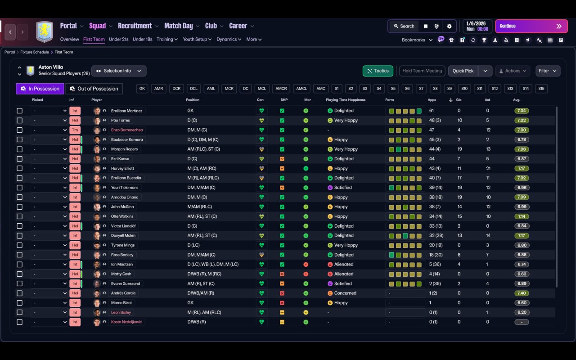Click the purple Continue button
pyautogui.click(x=531, y=26)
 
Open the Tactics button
pyautogui.click(x=378, y=71)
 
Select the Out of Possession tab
pyautogui.click(x=94, y=89)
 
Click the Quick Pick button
pyautogui.click(x=463, y=71)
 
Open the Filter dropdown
pyautogui.click(x=548, y=71)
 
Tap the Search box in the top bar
pyautogui.click(x=404, y=26)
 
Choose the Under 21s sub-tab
pyautogui.click(x=118, y=39)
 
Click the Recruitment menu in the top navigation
pyautogui.click(x=135, y=26)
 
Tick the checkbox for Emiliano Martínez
pyautogui.click(x=19, y=111)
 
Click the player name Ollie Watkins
pyautogui.click(x=122, y=216)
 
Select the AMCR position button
pyautogui.click(x=281, y=89)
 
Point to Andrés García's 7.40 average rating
pyautogui.click(x=522, y=293)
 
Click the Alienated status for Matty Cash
pyautogui.click(x=344, y=274)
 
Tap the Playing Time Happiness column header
pyautogui.click(x=346, y=100)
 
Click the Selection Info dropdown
pyautogui.click(x=119, y=71)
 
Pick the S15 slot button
pyautogui.click(x=541, y=89)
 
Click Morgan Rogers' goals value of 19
pyautogui.click(x=460, y=149)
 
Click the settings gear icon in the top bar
pyautogui.click(x=449, y=26)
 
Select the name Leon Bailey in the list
pyautogui.click(x=121, y=312)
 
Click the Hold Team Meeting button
pyautogui.click(x=422, y=71)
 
